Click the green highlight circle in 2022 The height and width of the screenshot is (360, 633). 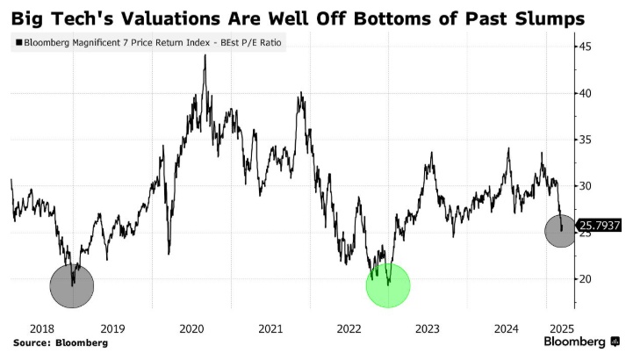[388, 284]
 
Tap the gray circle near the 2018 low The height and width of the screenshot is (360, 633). [71, 284]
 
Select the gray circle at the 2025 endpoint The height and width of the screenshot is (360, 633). [560, 231]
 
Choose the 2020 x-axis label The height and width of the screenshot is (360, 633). [191, 328]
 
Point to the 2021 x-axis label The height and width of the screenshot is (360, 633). [270, 328]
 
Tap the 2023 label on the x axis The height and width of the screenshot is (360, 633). [428, 328]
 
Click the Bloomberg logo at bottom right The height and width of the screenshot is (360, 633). [574, 342]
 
